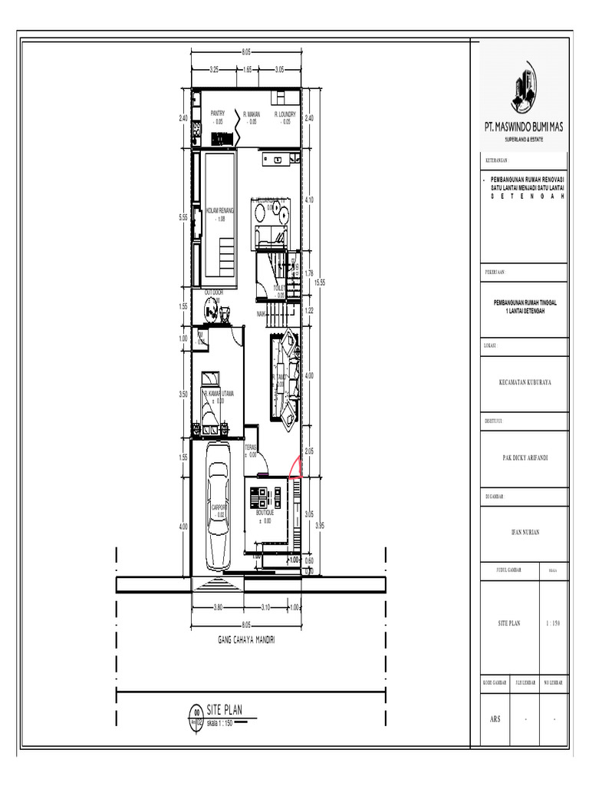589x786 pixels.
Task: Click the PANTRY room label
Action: coord(218,114)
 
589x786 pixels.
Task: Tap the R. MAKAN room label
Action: coord(252,114)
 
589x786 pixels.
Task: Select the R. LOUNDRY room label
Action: coord(285,114)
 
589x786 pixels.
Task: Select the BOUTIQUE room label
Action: coord(265,511)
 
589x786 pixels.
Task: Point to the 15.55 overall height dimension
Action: coord(321,282)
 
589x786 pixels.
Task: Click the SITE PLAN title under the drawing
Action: coord(224,710)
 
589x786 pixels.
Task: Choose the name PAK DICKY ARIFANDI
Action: coord(525,457)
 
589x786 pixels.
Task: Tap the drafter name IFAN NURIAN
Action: coord(525,532)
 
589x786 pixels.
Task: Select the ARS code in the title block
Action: coord(495,720)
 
